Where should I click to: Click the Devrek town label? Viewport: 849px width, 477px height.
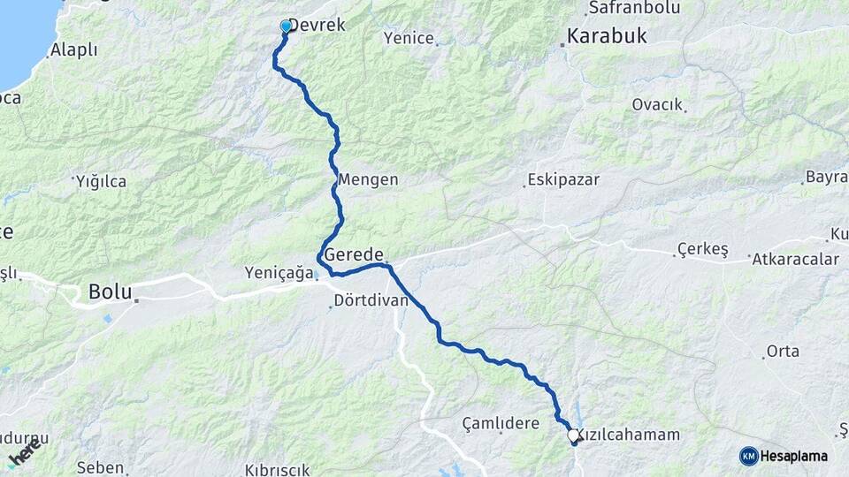[317, 26]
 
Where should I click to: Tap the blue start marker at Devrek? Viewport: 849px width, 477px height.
[286, 27]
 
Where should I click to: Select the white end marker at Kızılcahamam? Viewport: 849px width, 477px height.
[573, 435]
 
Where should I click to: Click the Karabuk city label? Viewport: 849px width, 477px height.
[607, 36]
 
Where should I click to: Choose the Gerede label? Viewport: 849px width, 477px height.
[354, 254]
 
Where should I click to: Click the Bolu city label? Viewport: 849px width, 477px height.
[110, 291]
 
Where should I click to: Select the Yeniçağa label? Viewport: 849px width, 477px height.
[279, 274]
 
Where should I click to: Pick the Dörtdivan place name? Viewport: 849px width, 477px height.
[371, 300]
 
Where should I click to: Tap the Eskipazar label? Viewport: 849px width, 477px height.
[563, 179]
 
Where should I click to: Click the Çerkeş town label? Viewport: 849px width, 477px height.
[702, 250]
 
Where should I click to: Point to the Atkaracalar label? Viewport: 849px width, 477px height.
[795, 259]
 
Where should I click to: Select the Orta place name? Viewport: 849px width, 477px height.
[783, 351]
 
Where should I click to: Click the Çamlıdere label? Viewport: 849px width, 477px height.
[501, 423]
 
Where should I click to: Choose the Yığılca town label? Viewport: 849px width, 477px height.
[101, 181]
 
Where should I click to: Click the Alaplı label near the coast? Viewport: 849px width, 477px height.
[74, 50]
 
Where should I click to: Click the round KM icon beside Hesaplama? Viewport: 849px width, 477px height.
[749, 456]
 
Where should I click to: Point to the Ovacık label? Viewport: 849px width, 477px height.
[657, 104]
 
